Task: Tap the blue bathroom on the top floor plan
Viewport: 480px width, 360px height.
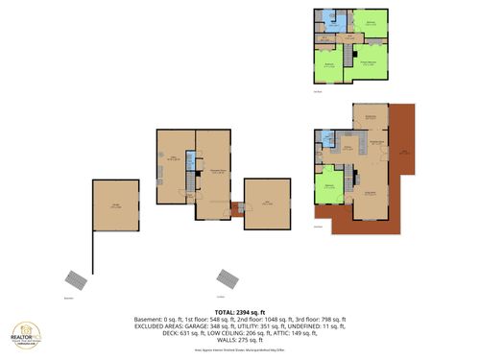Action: tap(327, 18)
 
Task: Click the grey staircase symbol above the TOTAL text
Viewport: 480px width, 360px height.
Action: tap(228, 277)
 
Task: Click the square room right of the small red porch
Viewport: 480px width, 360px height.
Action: tap(267, 204)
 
